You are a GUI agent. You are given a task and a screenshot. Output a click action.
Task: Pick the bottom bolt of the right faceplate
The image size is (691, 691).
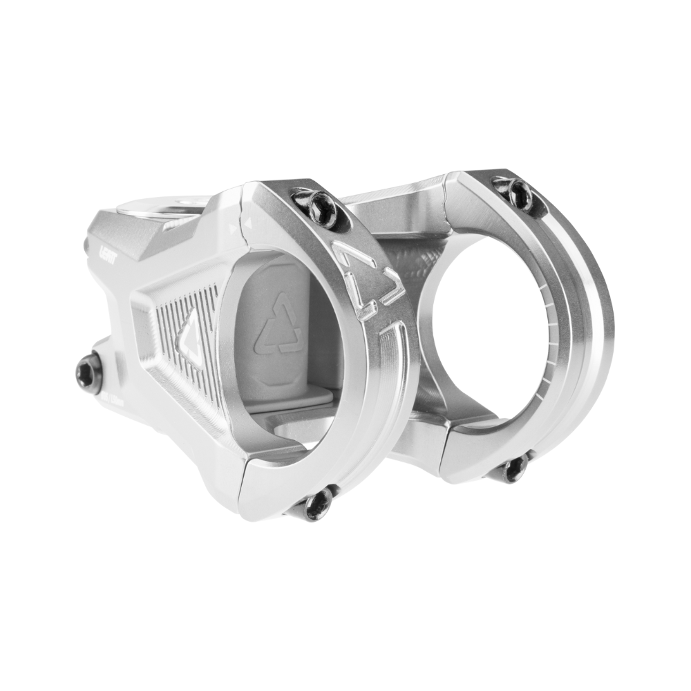[513, 468]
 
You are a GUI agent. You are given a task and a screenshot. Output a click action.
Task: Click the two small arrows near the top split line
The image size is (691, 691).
[245, 220]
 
